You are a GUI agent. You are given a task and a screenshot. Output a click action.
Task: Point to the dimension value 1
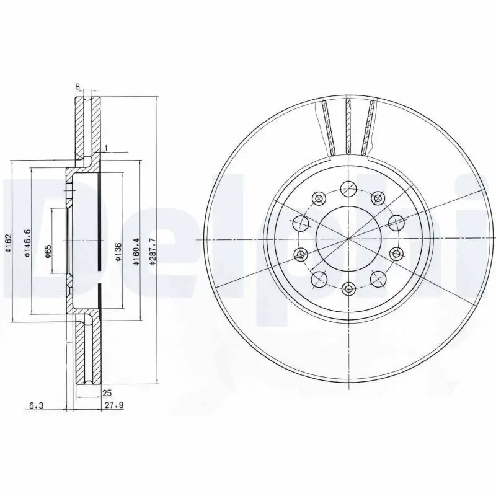tap(106, 148)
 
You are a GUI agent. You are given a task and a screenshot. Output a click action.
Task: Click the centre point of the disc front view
tap(348, 239)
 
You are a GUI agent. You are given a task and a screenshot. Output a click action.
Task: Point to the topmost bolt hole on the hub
tap(348, 188)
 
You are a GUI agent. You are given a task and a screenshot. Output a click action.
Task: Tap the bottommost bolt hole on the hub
tap(348, 289)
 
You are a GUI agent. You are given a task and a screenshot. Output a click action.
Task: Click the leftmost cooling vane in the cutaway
tap(328, 127)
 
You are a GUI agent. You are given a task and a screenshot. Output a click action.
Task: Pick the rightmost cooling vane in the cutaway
tap(370, 127)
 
